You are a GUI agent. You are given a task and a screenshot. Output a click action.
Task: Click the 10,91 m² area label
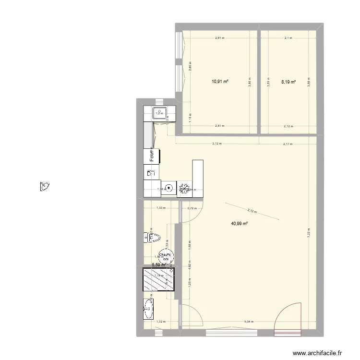pos(220,82)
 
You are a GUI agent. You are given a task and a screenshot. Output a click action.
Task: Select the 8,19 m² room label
pos(288,82)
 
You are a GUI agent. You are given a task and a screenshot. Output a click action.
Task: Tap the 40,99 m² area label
pos(239,223)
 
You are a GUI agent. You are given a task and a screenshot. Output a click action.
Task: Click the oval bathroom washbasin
pos(147,308)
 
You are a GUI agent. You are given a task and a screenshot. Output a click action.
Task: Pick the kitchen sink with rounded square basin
pos(159,113)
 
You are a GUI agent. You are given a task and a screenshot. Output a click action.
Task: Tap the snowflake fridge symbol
pos(184,189)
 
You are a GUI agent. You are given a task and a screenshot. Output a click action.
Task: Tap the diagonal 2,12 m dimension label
pos(252,210)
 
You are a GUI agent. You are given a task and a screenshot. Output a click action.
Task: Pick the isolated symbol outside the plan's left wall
pos(46,186)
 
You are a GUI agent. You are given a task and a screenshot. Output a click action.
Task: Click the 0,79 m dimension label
pos(192,208)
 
